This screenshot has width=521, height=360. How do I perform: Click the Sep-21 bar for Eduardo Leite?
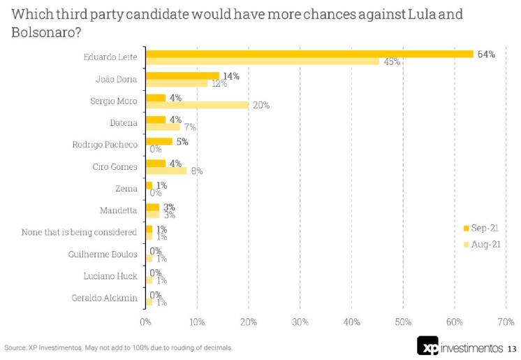[x=309, y=54]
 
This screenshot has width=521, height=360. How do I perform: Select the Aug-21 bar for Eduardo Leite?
[x=262, y=62]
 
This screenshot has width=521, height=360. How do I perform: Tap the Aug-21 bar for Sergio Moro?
[x=197, y=105]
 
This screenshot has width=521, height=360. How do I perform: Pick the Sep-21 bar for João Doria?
[x=182, y=75]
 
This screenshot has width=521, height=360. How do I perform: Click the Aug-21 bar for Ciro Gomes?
[x=166, y=171]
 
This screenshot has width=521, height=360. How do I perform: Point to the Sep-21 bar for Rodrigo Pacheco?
[x=159, y=141]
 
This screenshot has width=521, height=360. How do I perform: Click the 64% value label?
[x=486, y=54]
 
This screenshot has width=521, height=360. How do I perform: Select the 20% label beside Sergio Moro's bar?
[x=261, y=106]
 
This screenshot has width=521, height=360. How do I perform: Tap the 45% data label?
[x=391, y=62]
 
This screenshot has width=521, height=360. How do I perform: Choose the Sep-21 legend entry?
[x=481, y=228]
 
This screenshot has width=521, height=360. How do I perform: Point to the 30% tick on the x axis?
[x=300, y=322]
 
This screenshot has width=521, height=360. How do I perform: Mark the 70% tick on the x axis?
[x=505, y=322]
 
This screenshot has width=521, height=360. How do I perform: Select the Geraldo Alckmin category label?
[x=105, y=298]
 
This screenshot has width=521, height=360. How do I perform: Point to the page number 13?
[x=512, y=348]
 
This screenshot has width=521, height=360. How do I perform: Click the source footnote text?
[x=119, y=347]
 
